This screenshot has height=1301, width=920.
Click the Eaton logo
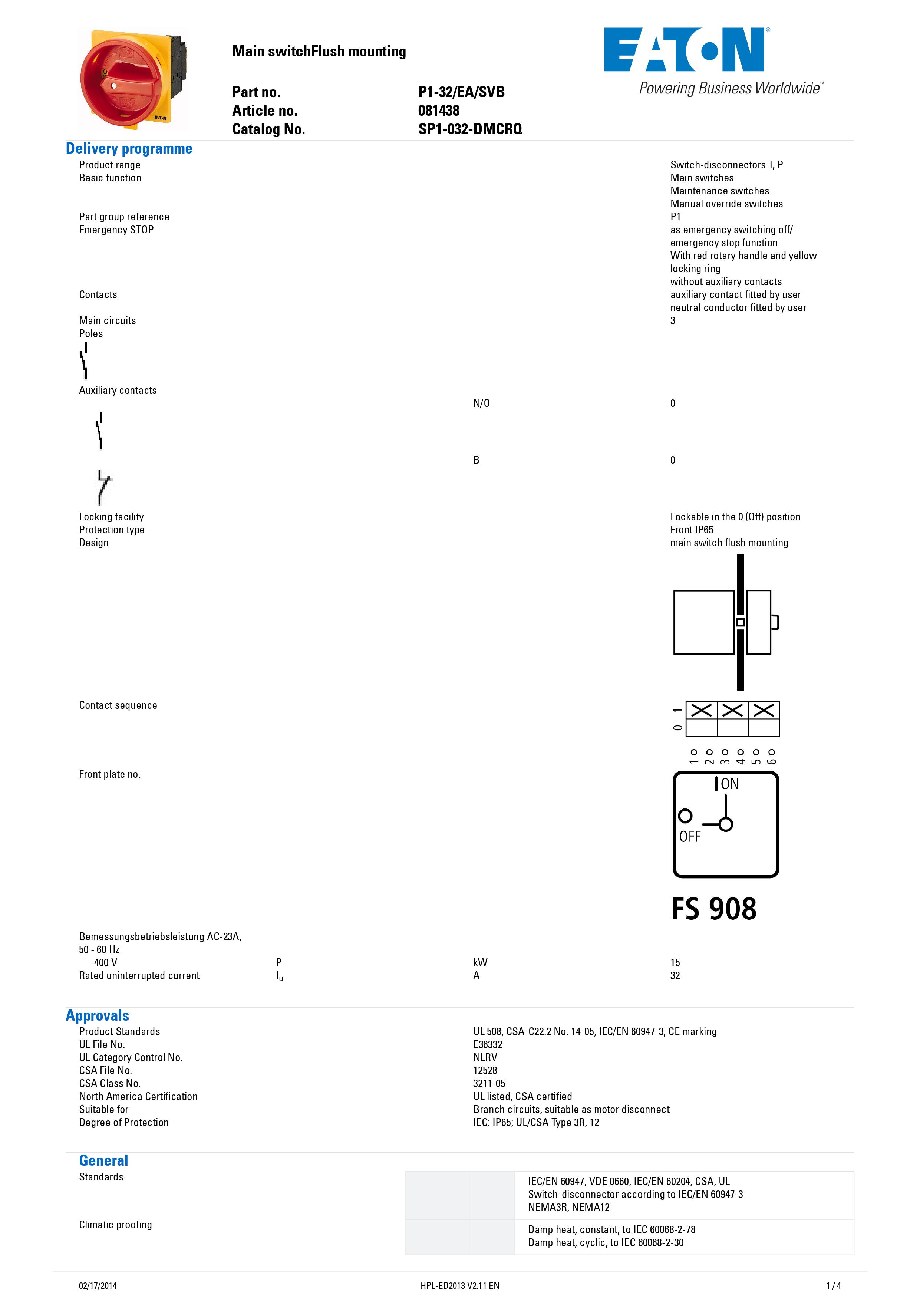(x=684, y=50)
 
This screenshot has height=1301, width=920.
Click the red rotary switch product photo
(x=134, y=79)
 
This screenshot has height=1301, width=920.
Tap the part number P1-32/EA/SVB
(x=461, y=92)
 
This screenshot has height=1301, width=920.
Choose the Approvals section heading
(x=98, y=1015)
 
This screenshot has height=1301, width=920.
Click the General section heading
(x=104, y=1160)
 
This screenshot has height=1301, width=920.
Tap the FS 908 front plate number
(x=714, y=909)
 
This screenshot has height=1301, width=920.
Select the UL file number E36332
(x=488, y=1044)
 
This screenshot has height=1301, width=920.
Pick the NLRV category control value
(x=485, y=1057)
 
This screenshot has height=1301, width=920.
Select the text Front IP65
(x=692, y=530)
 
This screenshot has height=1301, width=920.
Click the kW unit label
(x=480, y=963)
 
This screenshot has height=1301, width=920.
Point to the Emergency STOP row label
(x=116, y=230)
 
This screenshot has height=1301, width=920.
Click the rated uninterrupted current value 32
(x=675, y=976)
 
